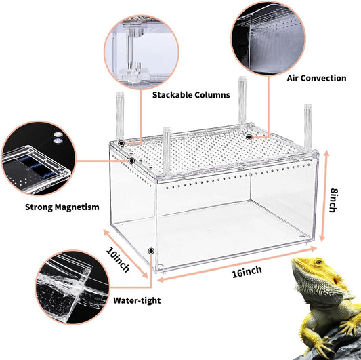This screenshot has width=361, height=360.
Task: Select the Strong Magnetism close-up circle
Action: [x=35, y=157]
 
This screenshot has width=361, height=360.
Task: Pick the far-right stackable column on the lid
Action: [x=308, y=125]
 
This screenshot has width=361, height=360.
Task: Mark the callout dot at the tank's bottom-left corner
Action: [x=150, y=250]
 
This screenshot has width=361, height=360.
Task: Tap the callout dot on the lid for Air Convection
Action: [x=249, y=137]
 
